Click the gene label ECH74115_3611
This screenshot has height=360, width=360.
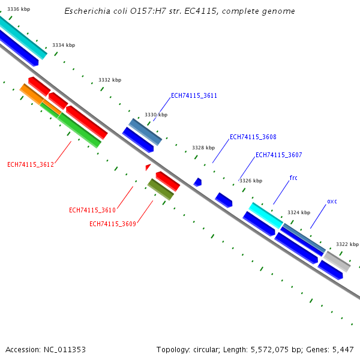pos(194,95)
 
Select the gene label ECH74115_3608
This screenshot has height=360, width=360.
pos(253,137)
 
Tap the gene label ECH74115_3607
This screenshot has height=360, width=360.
pos(278,155)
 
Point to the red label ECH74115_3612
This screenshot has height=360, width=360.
pos(31,164)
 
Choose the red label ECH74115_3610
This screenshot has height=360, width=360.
pos(92,210)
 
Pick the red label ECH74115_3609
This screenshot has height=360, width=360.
pos(113,224)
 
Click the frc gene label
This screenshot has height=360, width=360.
pos(293,178)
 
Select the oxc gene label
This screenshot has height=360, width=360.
pos(332,201)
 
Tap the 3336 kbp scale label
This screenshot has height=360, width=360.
pos(19,9)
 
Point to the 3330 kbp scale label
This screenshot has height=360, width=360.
pos(156,115)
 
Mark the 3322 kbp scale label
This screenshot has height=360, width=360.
pos(347,244)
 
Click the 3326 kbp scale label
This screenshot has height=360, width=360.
pos(251,181)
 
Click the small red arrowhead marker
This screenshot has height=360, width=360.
pos(148,167)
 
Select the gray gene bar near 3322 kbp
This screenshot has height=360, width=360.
pos(337,261)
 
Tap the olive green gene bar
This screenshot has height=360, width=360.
pos(161,189)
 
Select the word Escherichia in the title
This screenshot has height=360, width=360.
pos(86,11)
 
